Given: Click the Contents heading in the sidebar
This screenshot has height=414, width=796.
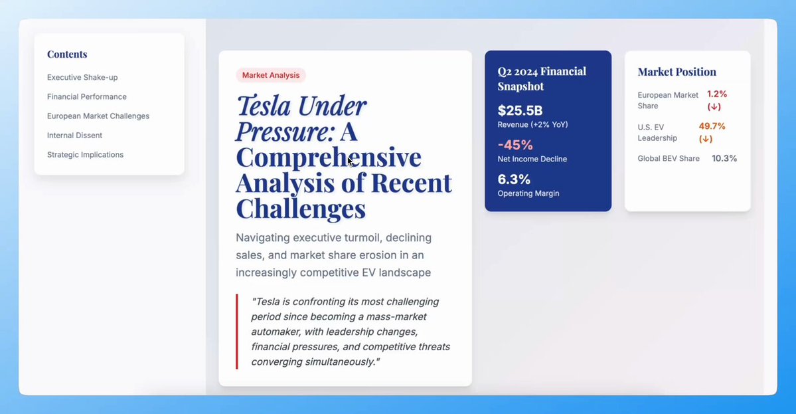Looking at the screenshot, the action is (x=67, y=54).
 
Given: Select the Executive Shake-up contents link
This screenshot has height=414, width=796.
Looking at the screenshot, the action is (x=82, y=77).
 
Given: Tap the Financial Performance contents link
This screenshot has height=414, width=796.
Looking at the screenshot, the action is (x=87, y=96).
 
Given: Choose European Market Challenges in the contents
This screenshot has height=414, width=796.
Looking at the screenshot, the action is (x=98, y=116).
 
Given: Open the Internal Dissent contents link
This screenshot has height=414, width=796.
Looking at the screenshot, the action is (x=74, y=135).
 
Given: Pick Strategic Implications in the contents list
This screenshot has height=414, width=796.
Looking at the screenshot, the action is (x=85, y=154).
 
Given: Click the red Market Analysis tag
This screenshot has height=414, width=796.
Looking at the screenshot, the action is (x=271, y=75).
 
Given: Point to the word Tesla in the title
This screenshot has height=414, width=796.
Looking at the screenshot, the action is (x=264, y=106).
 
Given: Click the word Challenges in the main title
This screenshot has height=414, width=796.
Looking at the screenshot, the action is (x=301, y=208).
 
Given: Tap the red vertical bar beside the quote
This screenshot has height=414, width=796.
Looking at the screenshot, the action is (x=236, y=331).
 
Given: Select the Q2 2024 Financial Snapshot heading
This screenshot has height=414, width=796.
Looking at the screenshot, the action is (x=542, y=78).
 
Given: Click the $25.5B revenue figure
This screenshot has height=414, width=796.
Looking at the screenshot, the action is (x=520, y=110).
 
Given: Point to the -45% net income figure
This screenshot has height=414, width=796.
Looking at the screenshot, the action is (x=515, y=145).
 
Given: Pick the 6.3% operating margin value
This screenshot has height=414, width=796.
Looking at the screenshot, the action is (x=514, y=179).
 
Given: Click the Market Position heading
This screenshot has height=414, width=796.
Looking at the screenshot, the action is (x=677, y=72).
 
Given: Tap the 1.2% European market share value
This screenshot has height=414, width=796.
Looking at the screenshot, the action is (x=717, y=94).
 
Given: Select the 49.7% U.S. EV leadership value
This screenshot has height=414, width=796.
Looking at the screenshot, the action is (x=712, y=126).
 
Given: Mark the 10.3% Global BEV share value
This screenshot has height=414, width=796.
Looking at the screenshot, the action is (x=724, y=158).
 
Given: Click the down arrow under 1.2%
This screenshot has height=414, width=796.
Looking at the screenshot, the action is (x=714, y=107).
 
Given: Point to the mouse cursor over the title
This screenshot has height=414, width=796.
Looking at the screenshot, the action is (x=351, y=161).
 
